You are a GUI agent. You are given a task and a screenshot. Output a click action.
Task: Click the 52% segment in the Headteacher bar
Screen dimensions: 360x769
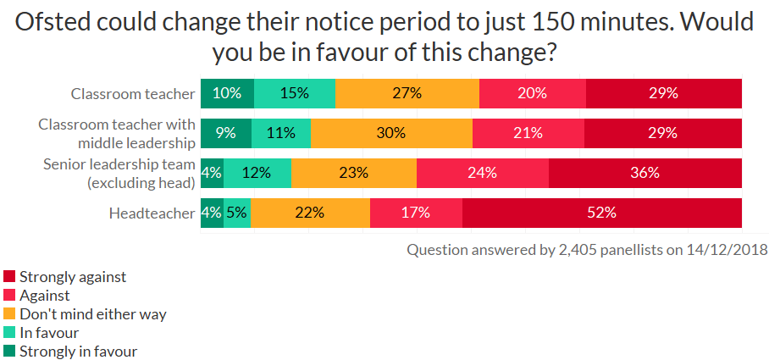[x=602, y=213]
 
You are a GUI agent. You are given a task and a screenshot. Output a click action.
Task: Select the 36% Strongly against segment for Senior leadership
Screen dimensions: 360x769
[x=645, y=173]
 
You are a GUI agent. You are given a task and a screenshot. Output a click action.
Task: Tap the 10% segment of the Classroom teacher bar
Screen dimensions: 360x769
[x=227, y=93]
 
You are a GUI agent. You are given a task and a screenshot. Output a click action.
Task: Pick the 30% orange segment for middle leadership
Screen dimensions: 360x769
[x=391, y=133]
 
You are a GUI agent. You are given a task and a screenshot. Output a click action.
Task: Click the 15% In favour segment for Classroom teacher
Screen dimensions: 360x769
[x=294, y=93]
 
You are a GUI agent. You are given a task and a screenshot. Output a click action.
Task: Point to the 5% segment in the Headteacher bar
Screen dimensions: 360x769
[x=237, y=213]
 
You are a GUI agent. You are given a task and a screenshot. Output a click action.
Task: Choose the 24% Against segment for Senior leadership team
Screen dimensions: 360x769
[x=483, y=173]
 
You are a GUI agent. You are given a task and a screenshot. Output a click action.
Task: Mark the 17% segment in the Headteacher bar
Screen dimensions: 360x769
[x=416, y=213]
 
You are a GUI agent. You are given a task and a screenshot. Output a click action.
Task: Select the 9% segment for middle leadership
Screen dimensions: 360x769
[x=225, y=133]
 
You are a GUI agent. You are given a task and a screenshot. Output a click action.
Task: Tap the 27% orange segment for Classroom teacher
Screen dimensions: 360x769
[x=407, y=93]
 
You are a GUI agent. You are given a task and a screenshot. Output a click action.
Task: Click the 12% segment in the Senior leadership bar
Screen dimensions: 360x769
[x=257, y=173]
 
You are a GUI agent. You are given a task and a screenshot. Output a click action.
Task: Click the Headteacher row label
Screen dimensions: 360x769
[x=152, y=213]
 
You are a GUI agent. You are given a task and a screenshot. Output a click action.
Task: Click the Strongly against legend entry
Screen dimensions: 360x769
[x=72, y=277]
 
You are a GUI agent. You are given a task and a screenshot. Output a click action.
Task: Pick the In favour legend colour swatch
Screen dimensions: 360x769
[x=9, y=333]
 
